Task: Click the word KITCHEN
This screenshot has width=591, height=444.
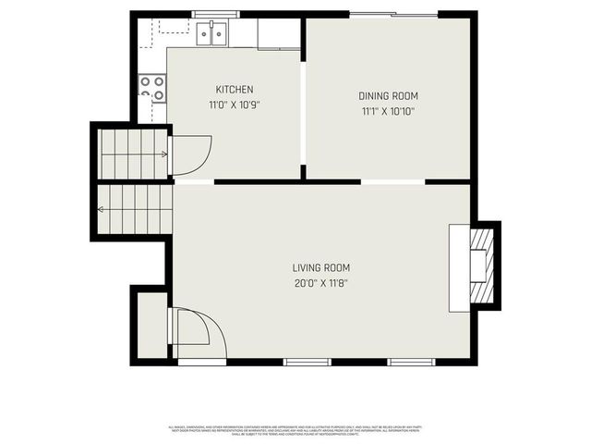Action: tap(235, 90)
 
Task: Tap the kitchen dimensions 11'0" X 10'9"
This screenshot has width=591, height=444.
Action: tap(235, 105)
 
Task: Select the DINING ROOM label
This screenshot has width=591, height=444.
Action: tap(388, 96)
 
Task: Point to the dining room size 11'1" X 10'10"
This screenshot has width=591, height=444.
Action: tap(388, 111)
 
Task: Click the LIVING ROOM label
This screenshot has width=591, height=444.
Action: tap(321, 267)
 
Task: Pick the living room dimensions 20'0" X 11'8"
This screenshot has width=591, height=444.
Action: tap(321, 283)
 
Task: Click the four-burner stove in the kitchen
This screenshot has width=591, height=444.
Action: tap(152, 88)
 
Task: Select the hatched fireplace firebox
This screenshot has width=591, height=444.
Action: tap(482, 265)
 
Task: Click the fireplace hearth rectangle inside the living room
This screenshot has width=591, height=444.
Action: tap(459, 266)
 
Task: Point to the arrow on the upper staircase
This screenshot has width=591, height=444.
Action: tap(163, 154)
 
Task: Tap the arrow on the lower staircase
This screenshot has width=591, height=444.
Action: tap(102, 210)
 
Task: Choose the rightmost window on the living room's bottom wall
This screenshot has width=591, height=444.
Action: tap(410, 361)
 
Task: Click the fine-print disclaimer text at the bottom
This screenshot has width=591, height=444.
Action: tap(295, 429)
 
